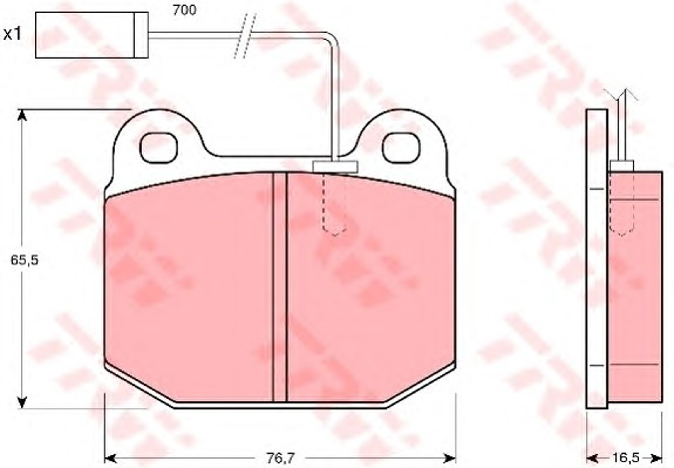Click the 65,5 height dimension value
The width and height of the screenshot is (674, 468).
25,260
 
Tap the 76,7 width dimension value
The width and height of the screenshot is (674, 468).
281,457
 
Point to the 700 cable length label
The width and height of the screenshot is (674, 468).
185,11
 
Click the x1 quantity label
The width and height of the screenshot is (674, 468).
13,35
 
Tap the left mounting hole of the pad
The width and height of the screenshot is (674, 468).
159,147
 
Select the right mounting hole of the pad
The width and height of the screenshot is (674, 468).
401,147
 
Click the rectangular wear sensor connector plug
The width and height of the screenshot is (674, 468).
92,35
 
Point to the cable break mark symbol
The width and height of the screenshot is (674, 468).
245,35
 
